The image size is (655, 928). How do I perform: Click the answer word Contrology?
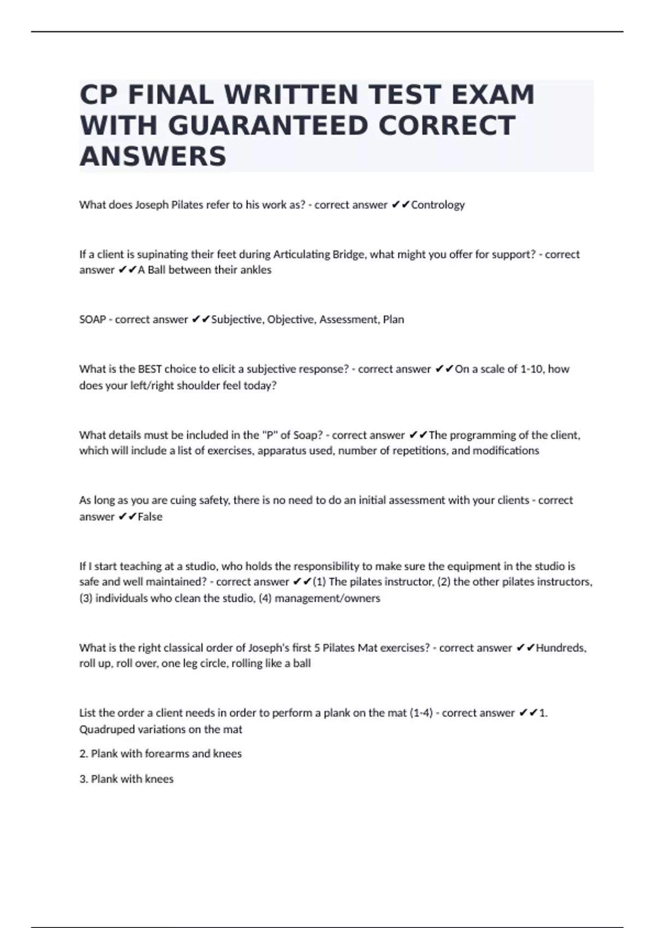(438, 205)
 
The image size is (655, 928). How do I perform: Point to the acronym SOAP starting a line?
(92, 319)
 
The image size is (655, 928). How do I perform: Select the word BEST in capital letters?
(150, 369)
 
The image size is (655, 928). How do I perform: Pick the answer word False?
(150, 516)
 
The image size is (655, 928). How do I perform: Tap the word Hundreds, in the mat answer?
(561, 648)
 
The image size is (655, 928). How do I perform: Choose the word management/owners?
(327, 598)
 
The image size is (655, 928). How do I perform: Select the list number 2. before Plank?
(84, 754)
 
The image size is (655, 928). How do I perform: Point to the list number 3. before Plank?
(84, 779)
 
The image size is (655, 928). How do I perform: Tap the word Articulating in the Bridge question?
(301, 254)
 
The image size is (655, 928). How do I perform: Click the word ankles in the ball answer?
(256, 270)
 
